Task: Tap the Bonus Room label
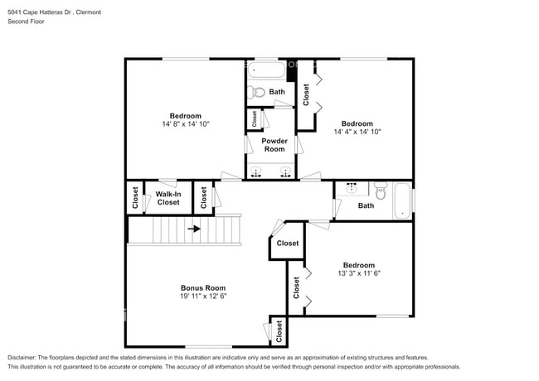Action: tap(203, 287)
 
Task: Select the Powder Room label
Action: tap(274, 144)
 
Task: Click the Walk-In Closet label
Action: tap(168, 198)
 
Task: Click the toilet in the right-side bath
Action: tap(381, 193)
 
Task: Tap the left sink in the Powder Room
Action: tap(257, 173)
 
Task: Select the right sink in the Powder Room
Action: tap(286, 173)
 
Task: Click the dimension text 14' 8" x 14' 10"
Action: tap(185, 124)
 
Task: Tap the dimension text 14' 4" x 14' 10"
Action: tap(357, 131)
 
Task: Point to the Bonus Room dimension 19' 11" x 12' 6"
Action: tap(203, 296)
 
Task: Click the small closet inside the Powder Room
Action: tap(254, 119)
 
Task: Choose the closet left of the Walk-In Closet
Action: tap(134, 197)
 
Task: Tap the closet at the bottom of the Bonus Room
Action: tap(279, 330)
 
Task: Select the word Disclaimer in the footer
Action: tap(22, 356)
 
